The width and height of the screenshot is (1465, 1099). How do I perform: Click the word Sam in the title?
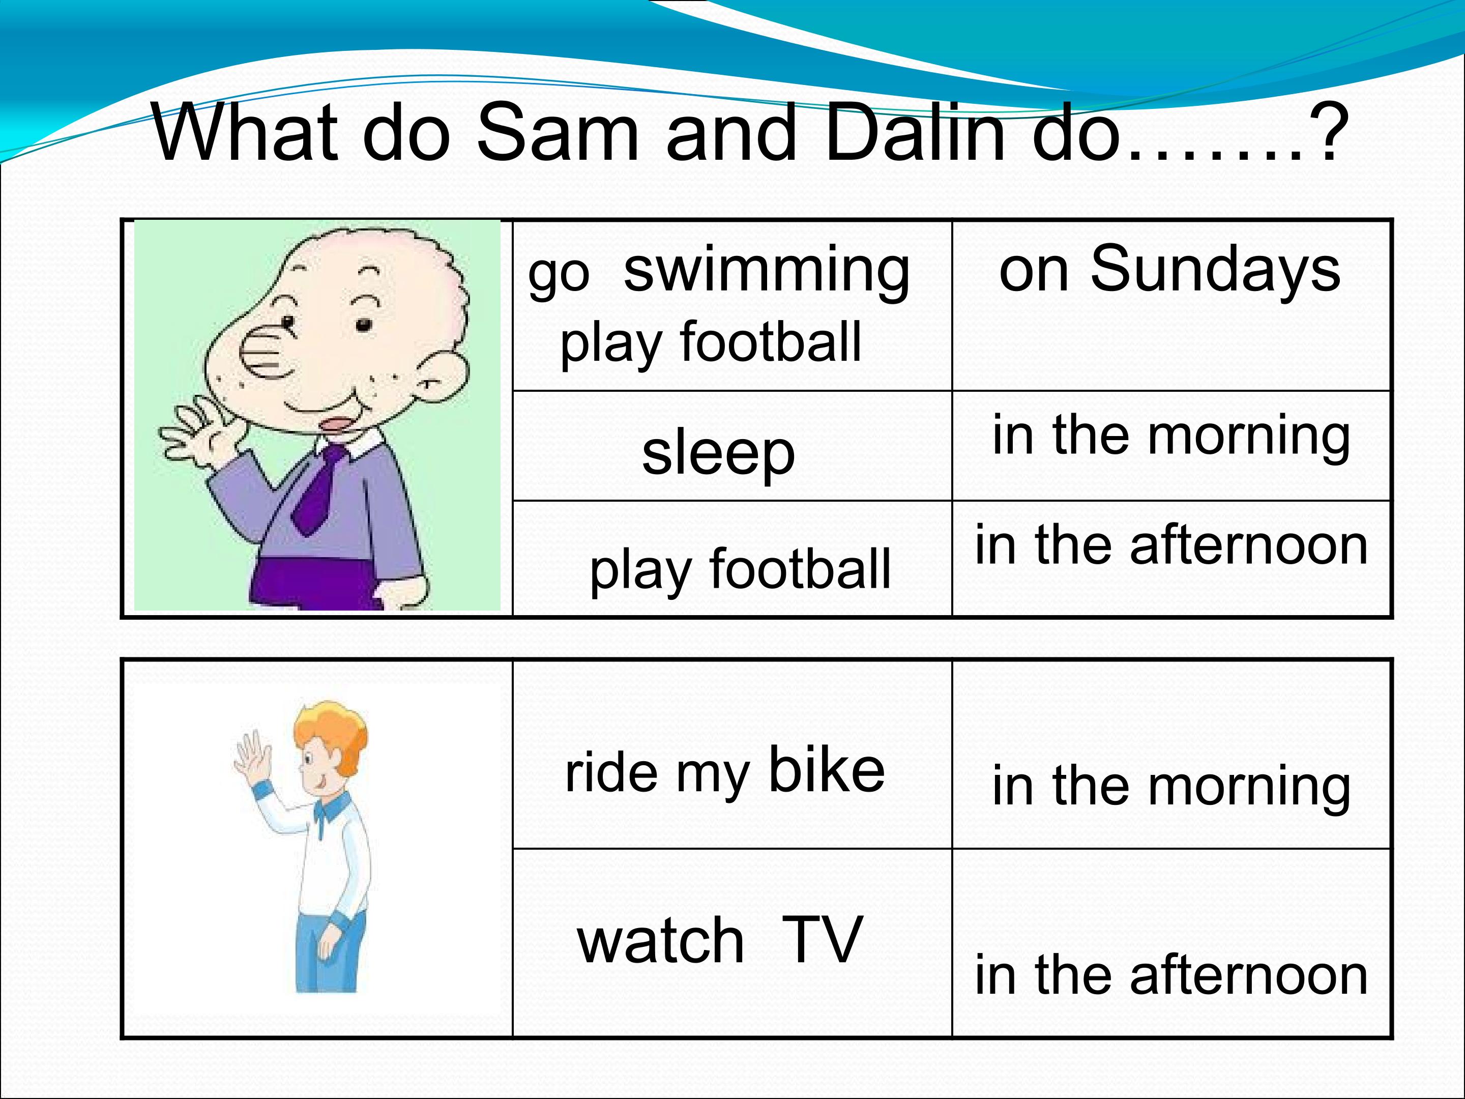[x=558, y=132]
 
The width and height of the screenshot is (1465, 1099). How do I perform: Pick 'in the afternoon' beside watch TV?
[x=1171, y=975]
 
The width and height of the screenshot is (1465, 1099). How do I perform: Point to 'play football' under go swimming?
[x=711, y=343]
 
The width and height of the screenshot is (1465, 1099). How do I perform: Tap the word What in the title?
[x=246, y=132]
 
